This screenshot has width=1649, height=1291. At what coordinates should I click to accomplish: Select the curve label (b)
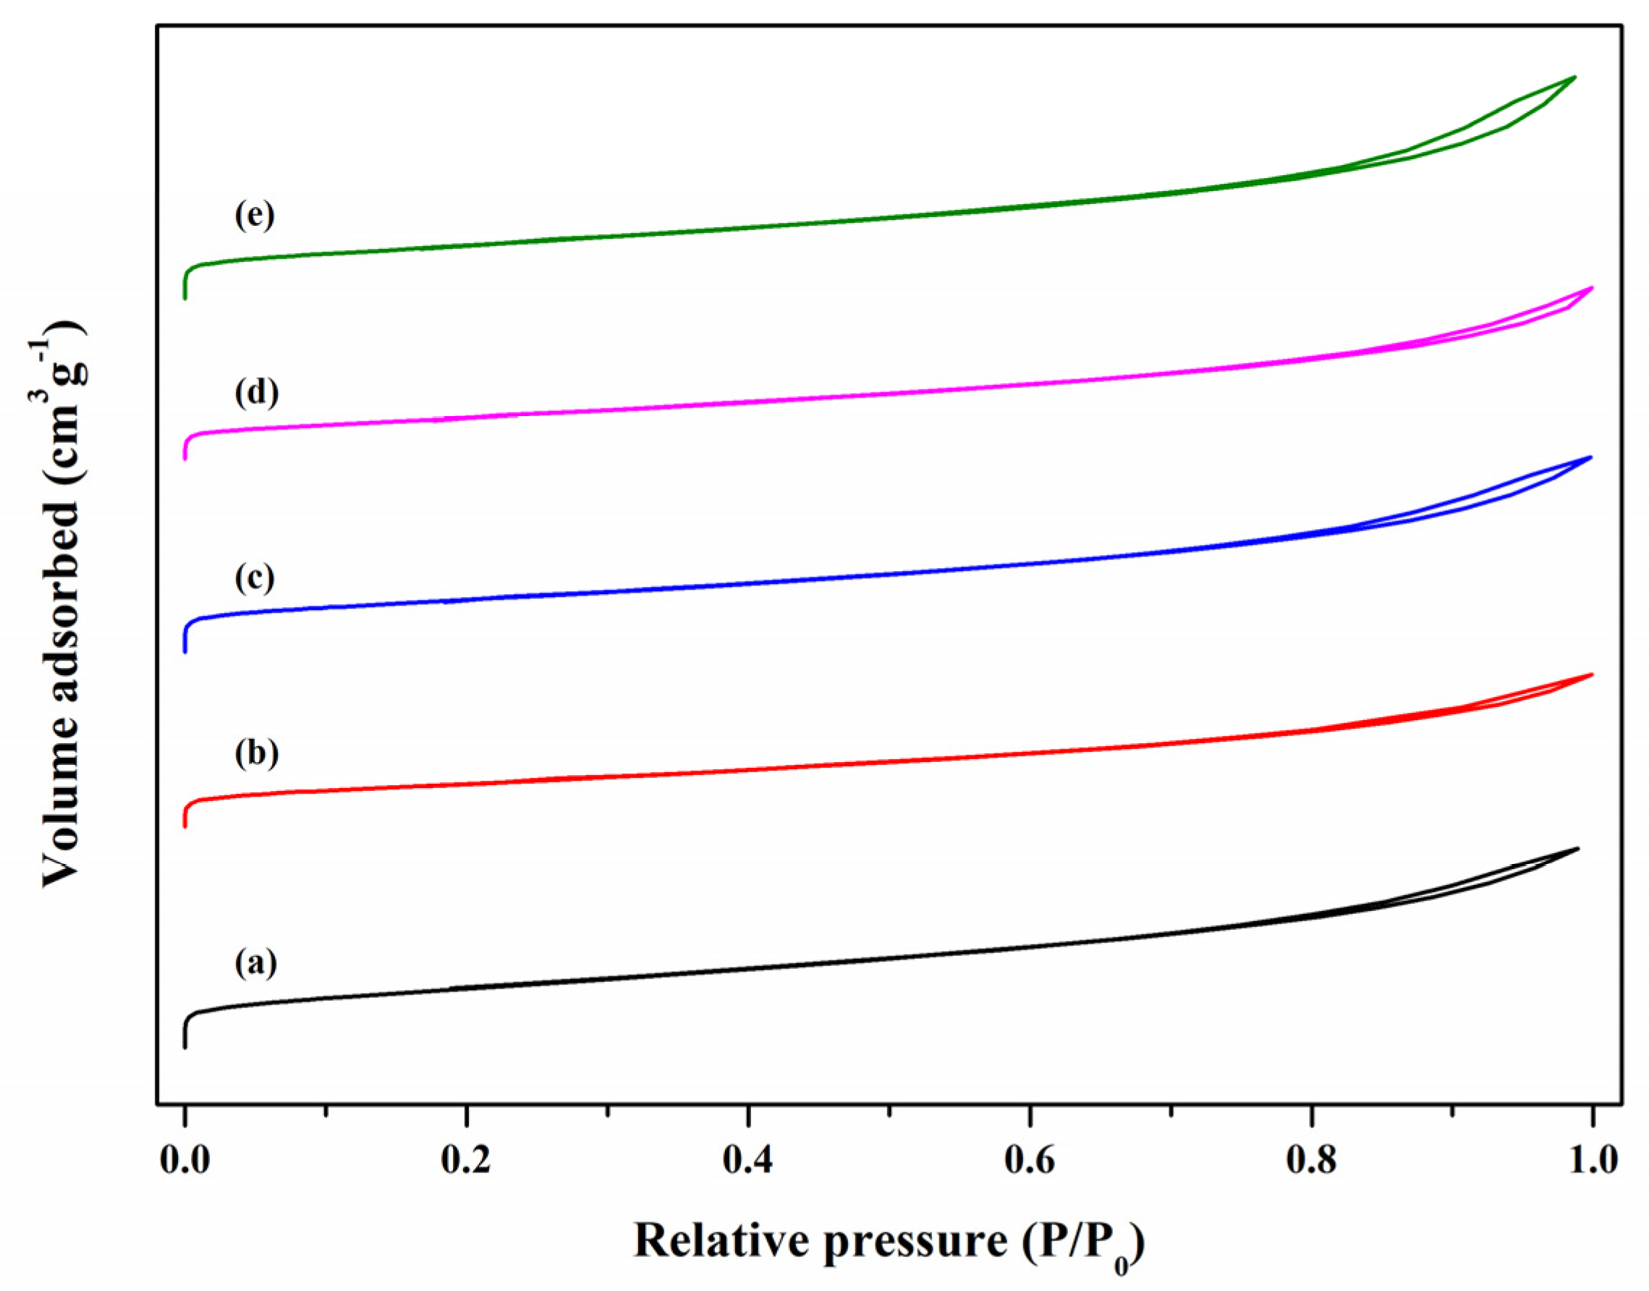tap(256, 753)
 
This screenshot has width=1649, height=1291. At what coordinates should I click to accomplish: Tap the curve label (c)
tap(255, 577)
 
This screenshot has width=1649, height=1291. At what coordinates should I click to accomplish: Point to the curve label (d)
tap(256, 392)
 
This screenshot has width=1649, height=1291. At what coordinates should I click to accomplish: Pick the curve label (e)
tap(255, 215)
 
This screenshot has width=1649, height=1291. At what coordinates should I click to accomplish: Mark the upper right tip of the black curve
tap(1578, 848)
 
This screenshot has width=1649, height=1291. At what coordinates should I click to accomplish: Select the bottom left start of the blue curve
tap(185, 651)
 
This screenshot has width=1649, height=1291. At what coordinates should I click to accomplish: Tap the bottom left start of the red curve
tap(185, 827)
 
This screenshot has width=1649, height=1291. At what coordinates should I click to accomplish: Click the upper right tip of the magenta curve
tap(1593, 288)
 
